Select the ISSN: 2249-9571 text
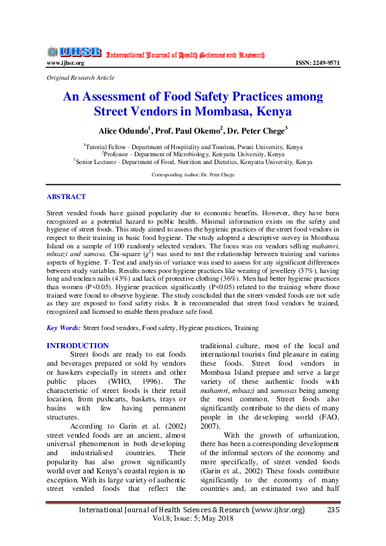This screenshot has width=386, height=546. (x=317, y=63)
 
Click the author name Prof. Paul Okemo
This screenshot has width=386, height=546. (x=189, y=130)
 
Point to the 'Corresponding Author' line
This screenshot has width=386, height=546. (x=193, y=175)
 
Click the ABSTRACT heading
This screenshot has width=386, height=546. (x=66, y=196)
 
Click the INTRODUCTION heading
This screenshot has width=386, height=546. (x=78, y=346)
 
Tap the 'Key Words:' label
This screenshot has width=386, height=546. (x=64, y=329)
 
